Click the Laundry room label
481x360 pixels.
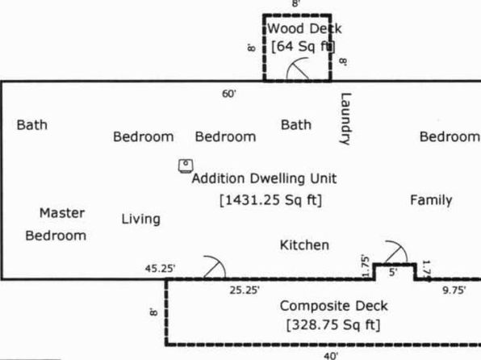(345, 119)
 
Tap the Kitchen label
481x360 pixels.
(304, 245)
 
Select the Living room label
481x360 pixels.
(140, 219)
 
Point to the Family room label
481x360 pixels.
(431, 200)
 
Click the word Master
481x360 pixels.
(62, 213)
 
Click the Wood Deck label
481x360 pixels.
(304, 29)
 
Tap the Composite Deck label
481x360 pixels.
(334, 306)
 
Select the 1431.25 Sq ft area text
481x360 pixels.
(271, 200)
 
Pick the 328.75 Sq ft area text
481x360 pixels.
(333, 324)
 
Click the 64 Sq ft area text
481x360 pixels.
(303, 46)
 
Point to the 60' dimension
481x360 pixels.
(229, 94)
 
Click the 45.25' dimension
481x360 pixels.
(160, 269)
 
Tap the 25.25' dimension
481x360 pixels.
(245, 290)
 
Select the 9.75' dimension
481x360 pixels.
(454, 290)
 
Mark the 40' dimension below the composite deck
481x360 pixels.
(331, 356)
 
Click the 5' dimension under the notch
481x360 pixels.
(393, 272)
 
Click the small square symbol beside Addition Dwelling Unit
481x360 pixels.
(186, 166)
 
